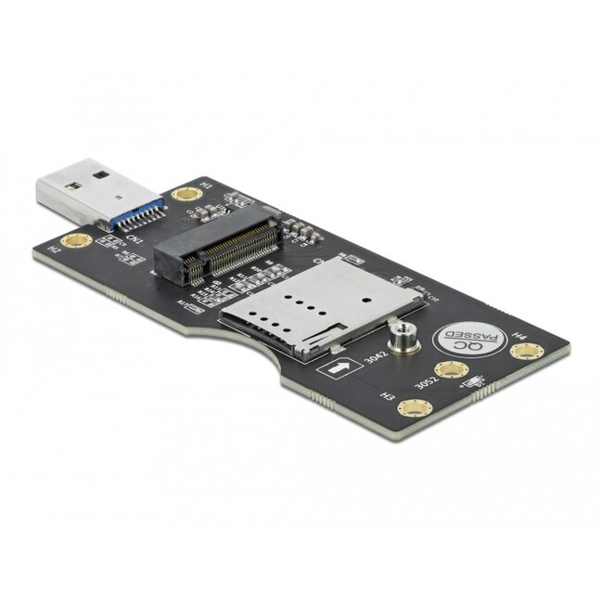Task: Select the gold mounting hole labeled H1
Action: tap(186, 195)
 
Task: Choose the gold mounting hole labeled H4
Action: tap(529, 352)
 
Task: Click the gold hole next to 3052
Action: tap(452, 370)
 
